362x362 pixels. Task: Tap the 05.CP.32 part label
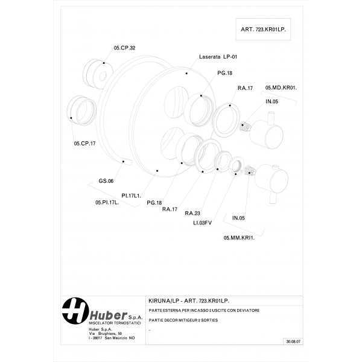click(x=124, y=48)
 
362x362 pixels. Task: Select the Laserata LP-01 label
click(x=218, y=57)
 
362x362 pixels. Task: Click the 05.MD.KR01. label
click(x=281, y=87)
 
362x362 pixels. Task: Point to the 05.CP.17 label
click(x=85, y=143)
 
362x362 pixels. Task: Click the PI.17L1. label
click(x=131, y=195)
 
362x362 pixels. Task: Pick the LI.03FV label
click(x=203, y=222)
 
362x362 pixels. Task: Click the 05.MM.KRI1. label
click(x=240, y=238)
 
